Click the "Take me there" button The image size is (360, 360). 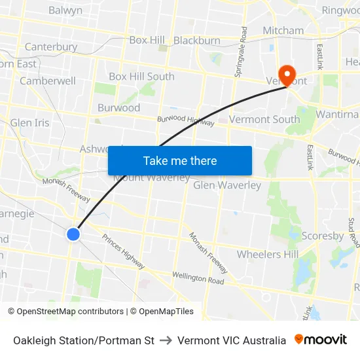[x=180, y=161]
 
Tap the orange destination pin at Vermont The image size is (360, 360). [x=287, y=74]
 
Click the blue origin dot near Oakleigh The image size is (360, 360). [x=73, y=234]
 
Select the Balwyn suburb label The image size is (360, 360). [x=65, y=10]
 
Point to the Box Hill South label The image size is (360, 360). [x=141, y=77]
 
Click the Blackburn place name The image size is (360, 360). [x=197, y=41]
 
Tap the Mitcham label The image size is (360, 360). [x=283, y=31]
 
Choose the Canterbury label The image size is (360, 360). [x=50, y=47]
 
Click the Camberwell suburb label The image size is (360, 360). [x=48, y=81]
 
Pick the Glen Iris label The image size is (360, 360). [x=29, y=123]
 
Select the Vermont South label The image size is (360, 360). [x=264, y=119]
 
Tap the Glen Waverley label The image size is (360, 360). [x=227, y=185]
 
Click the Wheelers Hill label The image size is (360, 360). [x=268, y=254]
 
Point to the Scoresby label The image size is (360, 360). [x=323, y=236]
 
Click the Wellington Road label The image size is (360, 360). [x=198, y=278]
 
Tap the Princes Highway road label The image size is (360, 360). [x=123, y=251]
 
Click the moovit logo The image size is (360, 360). [x=321, y=340]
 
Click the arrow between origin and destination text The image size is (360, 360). [x=166, y=340]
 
